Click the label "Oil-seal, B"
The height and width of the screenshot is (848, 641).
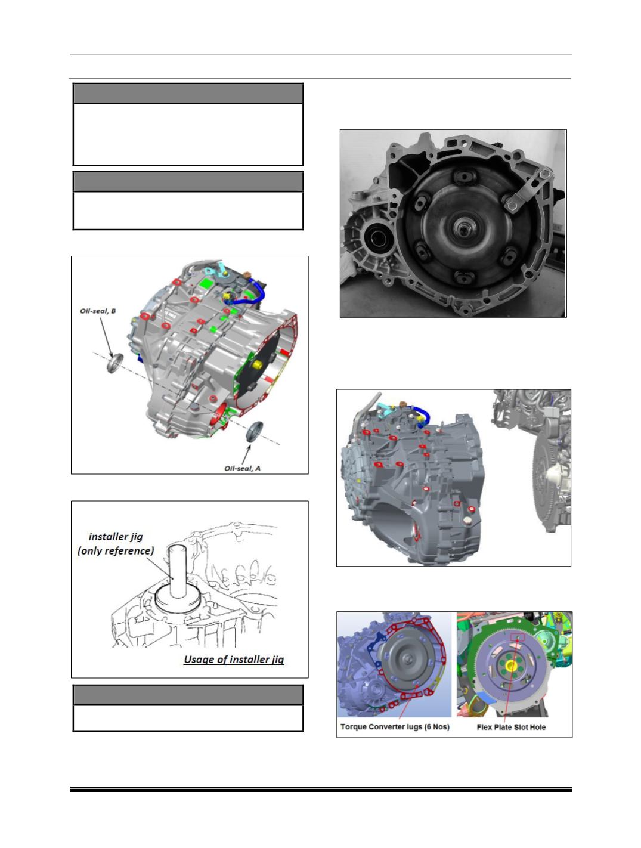click(98, 311)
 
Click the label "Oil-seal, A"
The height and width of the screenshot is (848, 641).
click(243, 468)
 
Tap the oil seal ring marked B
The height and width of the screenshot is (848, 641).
click(114, 363)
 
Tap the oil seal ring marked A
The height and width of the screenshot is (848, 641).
click(255, 432)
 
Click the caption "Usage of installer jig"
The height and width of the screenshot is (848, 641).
click(234, 659)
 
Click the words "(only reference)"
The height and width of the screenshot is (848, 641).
click(116, 550)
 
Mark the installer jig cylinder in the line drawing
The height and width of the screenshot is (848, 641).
click(178, 571)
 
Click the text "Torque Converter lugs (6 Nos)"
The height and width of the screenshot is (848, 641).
click(395, 727)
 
